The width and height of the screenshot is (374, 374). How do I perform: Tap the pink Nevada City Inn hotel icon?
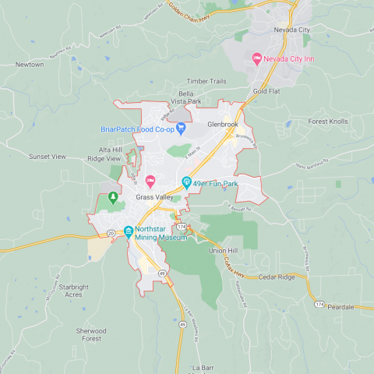point(256,58)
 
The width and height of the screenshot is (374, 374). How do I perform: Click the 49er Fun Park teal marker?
point(186,183)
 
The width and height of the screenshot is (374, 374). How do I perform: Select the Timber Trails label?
point(206,81)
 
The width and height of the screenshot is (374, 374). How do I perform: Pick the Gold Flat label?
point(266,91)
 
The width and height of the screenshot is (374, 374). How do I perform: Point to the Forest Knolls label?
point(328,122)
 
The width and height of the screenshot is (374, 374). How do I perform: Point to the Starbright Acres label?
point(64,291)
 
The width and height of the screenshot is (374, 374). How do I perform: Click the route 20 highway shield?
point(111,233)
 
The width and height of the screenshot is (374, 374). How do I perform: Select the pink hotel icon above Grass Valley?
point(151,182)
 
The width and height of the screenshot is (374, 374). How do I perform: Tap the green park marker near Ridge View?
point(113,197)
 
